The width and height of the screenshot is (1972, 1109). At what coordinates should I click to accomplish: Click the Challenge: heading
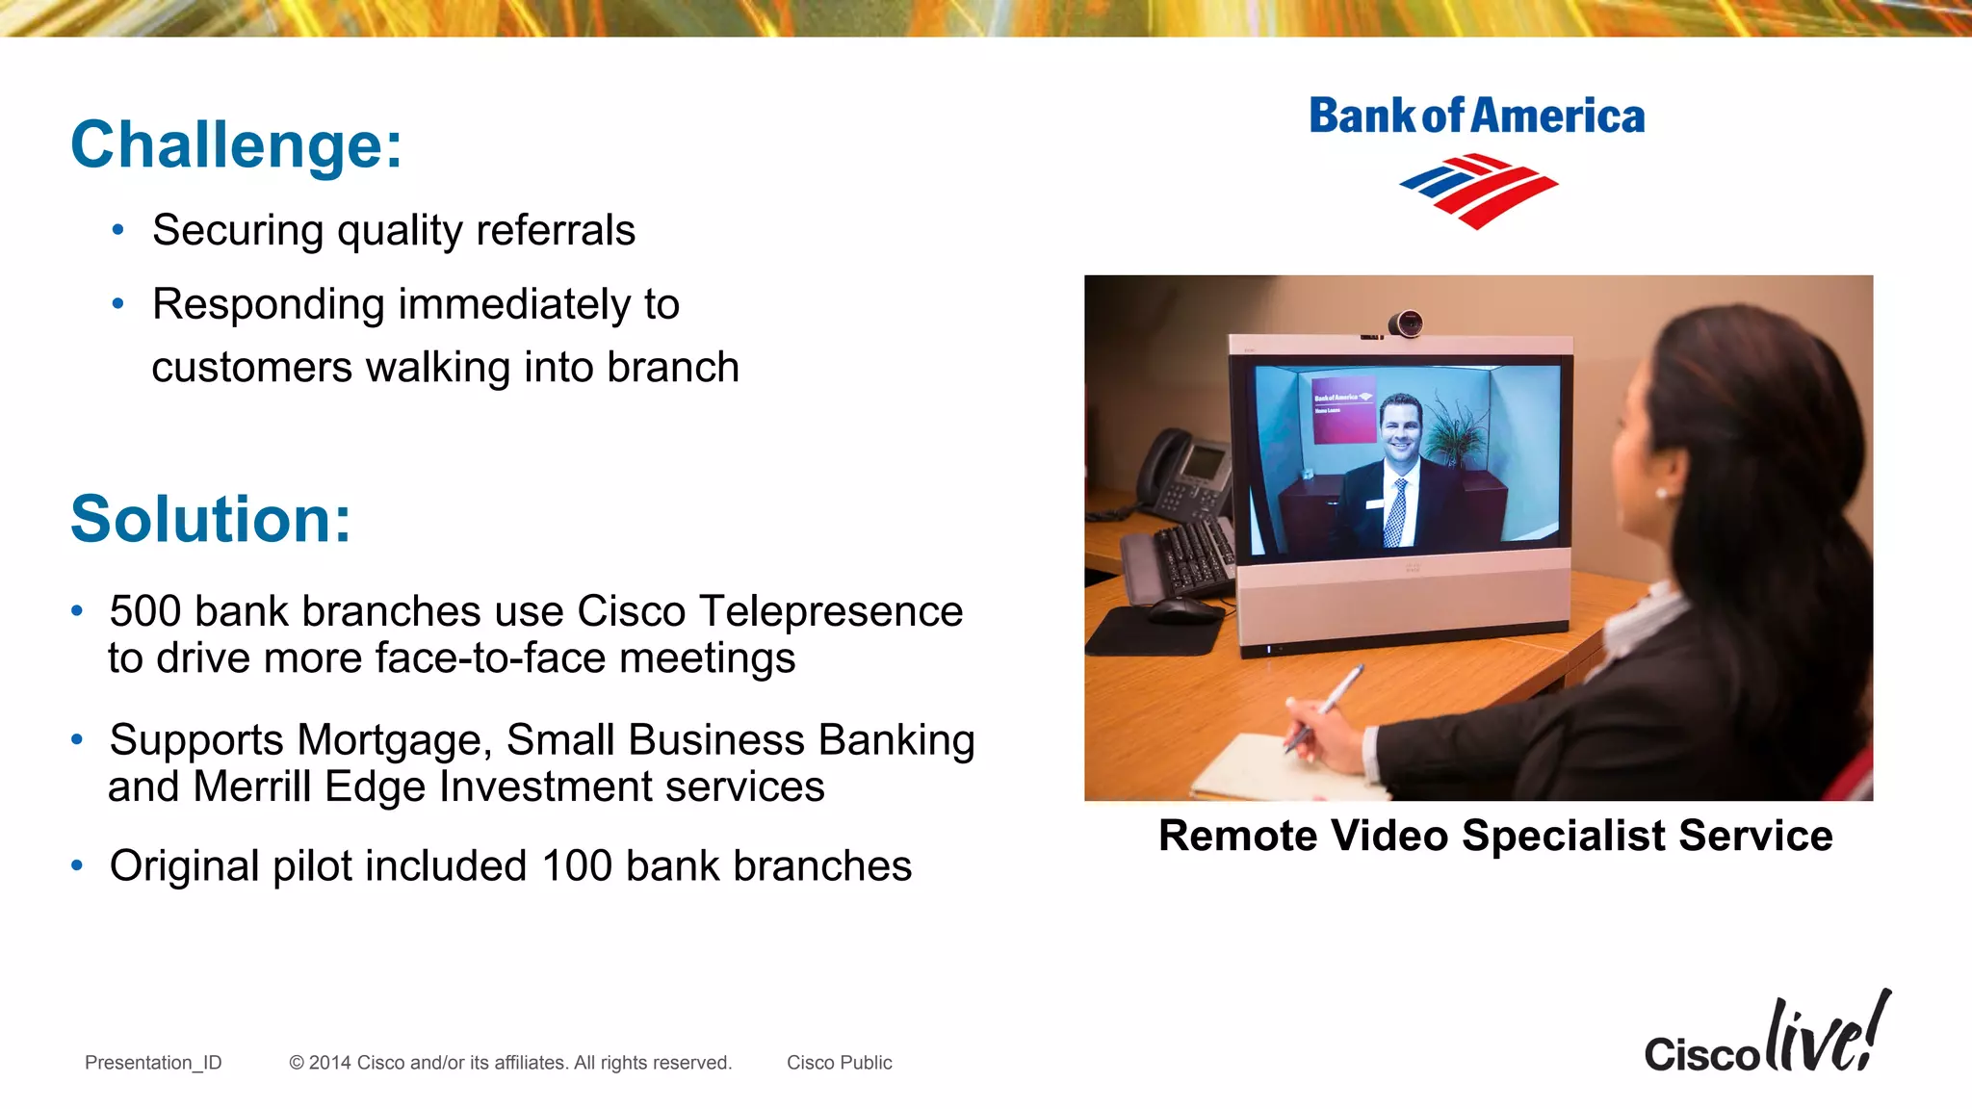coord(236,145)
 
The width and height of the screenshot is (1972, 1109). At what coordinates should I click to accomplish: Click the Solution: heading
coord(211,520)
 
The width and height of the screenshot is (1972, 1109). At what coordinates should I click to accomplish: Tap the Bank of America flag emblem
coord(1478,190)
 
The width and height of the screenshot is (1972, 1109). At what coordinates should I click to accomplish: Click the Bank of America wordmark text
coord(1476,116)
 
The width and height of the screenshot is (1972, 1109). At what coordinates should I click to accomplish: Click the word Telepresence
coord(830,612)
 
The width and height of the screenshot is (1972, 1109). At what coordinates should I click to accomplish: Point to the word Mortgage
coord(395,741)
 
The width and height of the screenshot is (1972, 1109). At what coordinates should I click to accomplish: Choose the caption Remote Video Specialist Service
coord(1494,836)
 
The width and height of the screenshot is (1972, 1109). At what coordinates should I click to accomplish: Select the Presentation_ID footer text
coord(153,1063)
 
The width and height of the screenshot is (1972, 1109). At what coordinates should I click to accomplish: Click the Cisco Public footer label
coord(839,1063)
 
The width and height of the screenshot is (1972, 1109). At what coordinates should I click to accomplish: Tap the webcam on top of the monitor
coord(1405,323)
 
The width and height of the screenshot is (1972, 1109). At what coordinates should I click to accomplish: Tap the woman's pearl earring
coord(1661,494)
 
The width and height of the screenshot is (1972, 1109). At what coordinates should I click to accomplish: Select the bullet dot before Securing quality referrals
coord(118,230)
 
